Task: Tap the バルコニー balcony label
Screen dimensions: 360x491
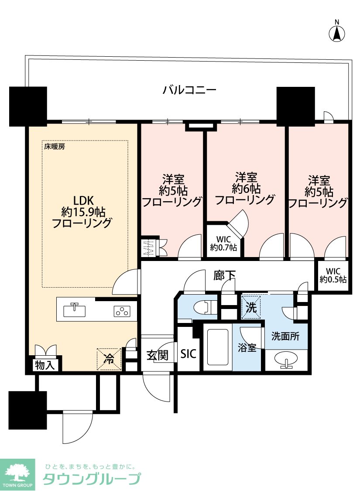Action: point(189,90)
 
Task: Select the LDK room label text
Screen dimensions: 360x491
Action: point(83,200)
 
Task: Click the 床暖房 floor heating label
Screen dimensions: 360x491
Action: point(55,147)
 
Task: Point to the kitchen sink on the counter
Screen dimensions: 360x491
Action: point(74,310)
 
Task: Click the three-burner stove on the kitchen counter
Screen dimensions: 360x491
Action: point(122,311)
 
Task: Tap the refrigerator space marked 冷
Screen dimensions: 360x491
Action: point(109,359)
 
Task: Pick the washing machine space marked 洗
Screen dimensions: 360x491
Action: point(251,307)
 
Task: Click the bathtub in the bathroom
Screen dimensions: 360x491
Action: point(218,347)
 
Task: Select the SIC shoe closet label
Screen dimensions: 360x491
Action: point(188,354)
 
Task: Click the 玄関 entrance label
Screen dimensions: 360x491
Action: point(158,355)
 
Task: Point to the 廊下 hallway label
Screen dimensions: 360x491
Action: point(224,276)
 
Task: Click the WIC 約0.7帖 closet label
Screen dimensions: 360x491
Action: point(223,244)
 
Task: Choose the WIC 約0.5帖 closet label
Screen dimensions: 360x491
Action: point(333,275)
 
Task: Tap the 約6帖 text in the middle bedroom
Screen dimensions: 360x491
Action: point(246,189)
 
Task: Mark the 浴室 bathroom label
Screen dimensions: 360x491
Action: point(247,347)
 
